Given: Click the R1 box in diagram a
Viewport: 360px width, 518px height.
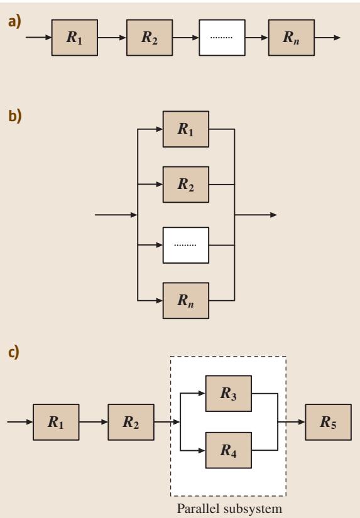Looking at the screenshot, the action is (x=74, y=37).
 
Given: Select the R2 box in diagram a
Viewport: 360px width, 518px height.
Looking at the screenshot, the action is (x=150, y=37).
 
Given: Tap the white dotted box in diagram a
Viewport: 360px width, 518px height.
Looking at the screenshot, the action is (x=222, y=37).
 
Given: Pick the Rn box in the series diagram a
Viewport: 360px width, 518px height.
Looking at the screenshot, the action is (x=292, y=37).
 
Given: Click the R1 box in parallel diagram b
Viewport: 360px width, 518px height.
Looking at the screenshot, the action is (x=186, y=129).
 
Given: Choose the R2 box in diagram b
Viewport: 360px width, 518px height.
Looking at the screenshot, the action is (x=186, y=185).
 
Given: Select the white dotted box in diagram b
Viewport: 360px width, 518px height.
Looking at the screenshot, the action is (x=186, y=245).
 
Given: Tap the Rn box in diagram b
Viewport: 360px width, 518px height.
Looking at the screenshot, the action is (x=186, y=301).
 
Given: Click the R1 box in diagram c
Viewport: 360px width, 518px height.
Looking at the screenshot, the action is (x=56, y=422).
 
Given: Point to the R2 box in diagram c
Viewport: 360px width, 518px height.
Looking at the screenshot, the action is (x=131, y=422).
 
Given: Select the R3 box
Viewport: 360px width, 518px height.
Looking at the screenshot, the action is (x=229, y=394).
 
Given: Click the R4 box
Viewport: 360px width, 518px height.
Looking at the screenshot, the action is (x=229, y=450).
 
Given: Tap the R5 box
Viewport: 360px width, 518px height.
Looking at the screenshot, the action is (x=328, y=422).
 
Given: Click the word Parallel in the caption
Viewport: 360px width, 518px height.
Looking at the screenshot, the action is (x=199, y=509).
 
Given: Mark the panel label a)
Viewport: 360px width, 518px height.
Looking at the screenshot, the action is (x=14, y=22).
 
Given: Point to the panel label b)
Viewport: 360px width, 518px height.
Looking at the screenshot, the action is (x=15, y=116).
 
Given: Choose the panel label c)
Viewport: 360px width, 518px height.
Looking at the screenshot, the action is (x=14, y=352).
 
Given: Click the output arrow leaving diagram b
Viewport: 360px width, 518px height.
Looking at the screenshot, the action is (x=256, y=215).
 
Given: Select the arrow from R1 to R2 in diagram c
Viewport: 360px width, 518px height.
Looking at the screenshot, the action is (x=94, y=422).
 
